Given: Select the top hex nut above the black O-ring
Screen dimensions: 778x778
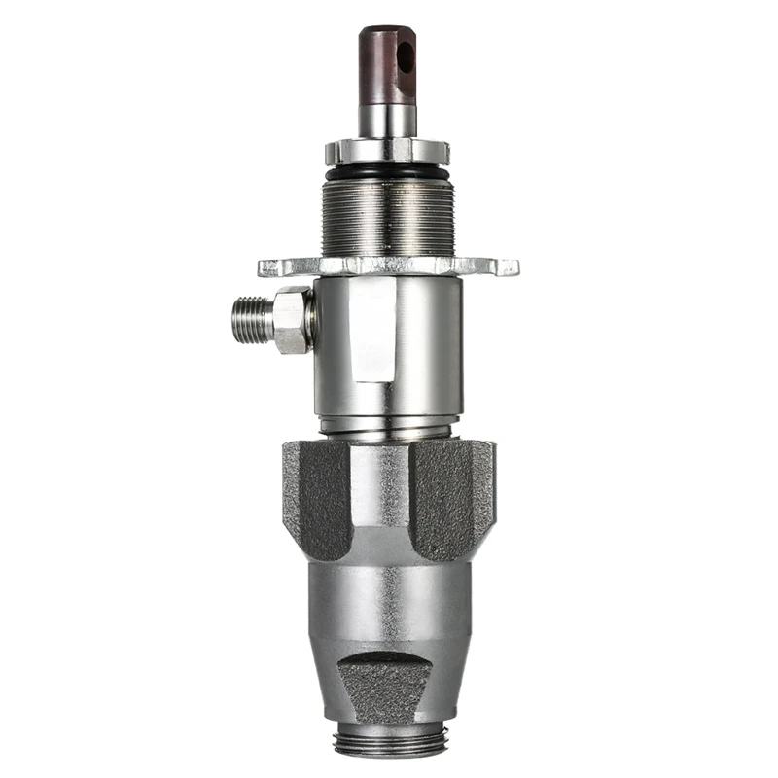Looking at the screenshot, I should [387, 152].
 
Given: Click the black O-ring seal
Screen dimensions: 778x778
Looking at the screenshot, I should [387, 172].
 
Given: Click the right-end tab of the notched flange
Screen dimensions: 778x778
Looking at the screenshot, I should [508, 265].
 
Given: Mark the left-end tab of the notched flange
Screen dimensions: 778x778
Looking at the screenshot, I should [268, 266].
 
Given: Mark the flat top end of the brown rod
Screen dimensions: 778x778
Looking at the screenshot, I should [387, 32].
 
